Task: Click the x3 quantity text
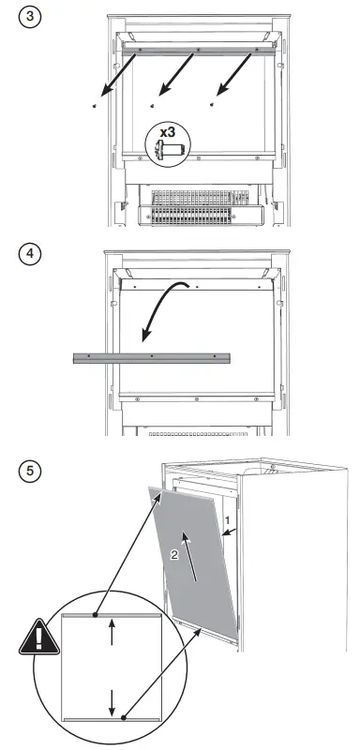tap(168, 133)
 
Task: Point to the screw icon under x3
tap(168, 152)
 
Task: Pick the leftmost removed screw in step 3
tap(96, 107)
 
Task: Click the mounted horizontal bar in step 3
tap(196, 47)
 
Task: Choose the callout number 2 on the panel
tap(174, 555)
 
